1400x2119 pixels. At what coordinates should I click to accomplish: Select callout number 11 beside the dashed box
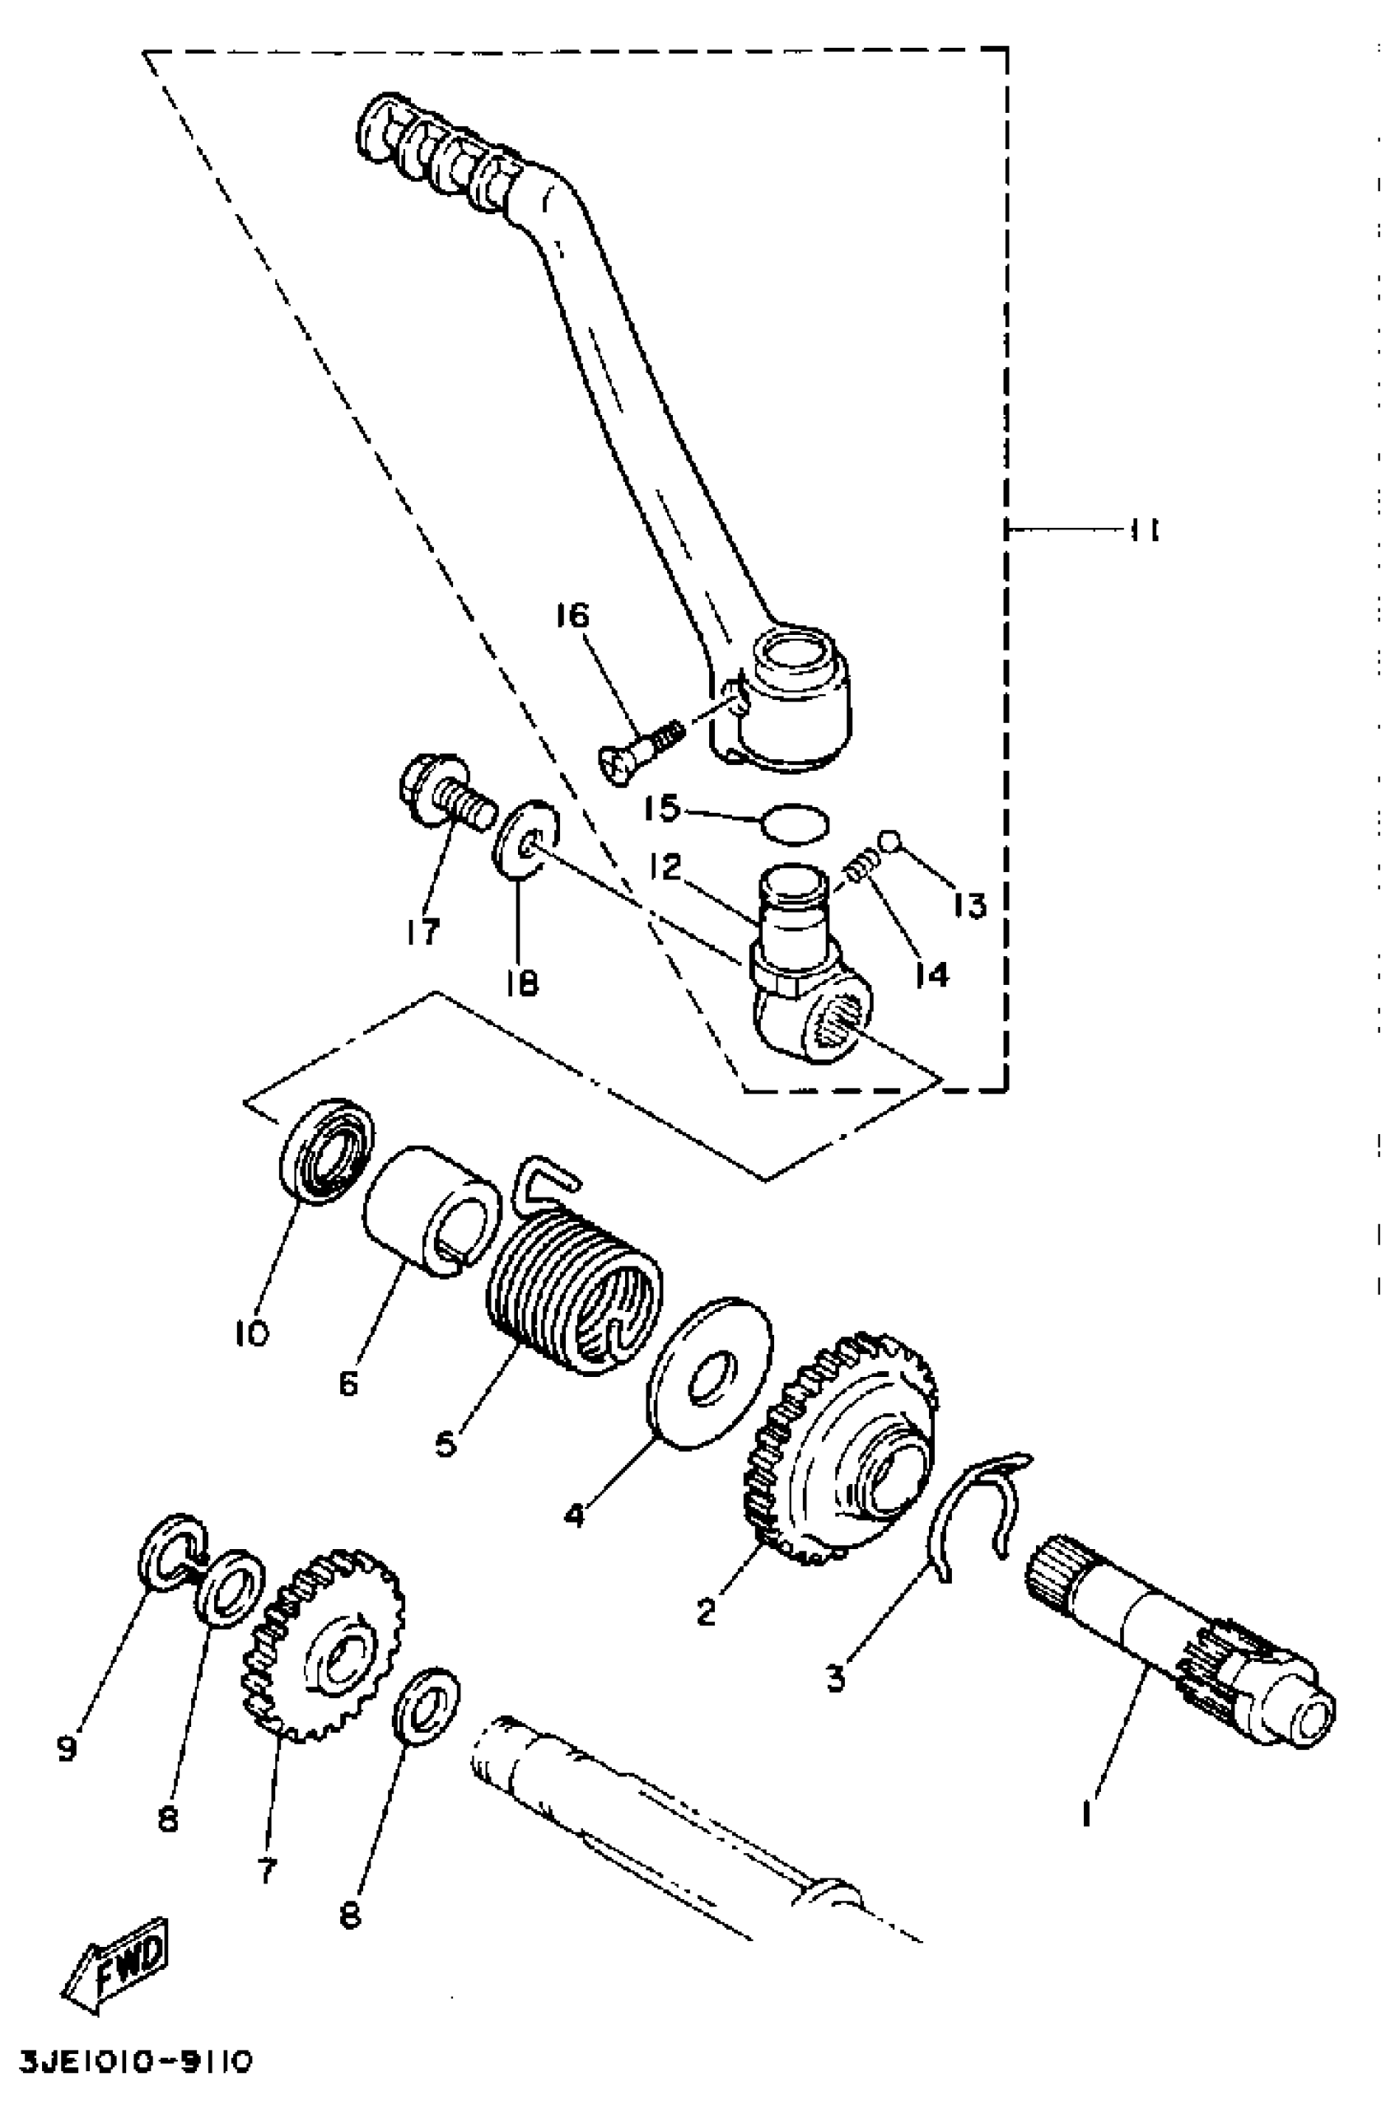1144,530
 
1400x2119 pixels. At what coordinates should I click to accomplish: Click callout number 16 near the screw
572,615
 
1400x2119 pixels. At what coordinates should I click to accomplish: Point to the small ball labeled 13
889,839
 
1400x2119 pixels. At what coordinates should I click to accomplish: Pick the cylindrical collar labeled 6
432,1211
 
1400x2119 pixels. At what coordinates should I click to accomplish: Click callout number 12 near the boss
665,866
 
